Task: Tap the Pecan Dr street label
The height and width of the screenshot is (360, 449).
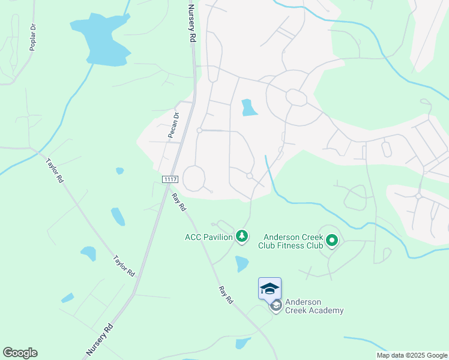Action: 173,125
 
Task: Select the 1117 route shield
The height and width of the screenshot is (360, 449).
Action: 169,179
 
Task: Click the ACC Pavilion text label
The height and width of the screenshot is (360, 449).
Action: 208,237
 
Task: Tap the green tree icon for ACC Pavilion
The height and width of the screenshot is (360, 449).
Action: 242,237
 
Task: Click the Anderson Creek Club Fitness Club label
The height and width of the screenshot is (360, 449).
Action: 291,241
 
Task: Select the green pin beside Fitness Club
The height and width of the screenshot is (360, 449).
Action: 332,242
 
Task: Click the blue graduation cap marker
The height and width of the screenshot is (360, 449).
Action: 270,289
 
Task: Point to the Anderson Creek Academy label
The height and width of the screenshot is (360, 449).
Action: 314,306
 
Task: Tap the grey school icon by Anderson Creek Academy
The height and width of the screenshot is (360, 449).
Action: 276,306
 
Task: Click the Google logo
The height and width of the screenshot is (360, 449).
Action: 20,353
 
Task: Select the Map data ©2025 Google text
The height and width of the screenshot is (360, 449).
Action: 412,355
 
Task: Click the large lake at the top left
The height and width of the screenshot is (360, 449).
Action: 102,39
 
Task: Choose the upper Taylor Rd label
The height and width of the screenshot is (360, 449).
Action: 53,170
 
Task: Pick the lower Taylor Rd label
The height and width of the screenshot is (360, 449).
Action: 124,266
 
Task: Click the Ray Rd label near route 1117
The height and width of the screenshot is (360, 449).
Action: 179,202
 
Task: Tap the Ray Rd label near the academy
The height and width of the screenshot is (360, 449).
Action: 226,295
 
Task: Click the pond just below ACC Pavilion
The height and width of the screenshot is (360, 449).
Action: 242,263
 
